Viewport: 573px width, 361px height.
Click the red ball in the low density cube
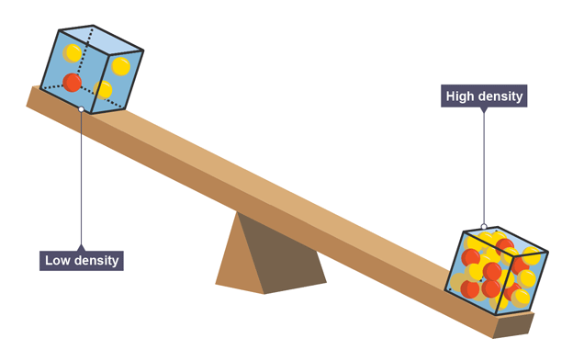(x=72, y=82)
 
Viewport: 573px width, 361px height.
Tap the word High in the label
(x=459, y=96)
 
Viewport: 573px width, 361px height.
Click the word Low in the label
(x=56, y=261)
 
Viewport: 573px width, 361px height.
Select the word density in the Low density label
(x=95, y=261)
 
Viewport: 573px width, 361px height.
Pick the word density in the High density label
(x=500, y=96)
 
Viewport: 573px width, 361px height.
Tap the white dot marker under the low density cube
(x=81, y=109)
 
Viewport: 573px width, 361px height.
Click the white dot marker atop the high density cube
(x=484, y=227)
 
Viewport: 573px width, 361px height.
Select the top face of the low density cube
(x=101, y=39)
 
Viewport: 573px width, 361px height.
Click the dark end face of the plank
(x=513, y=325)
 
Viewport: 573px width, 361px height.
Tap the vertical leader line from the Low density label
(x=81, y=178)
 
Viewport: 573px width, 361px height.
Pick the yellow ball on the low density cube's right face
(x=121, y=66)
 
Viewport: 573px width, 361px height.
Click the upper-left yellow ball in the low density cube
(x=72, y=53)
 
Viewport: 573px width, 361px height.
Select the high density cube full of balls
(x=497, y=270)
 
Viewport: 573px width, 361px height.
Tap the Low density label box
(x=82, y=261)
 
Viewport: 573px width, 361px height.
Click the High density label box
(x=484, y=96)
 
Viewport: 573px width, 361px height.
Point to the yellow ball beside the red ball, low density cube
(x=103, y=90)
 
